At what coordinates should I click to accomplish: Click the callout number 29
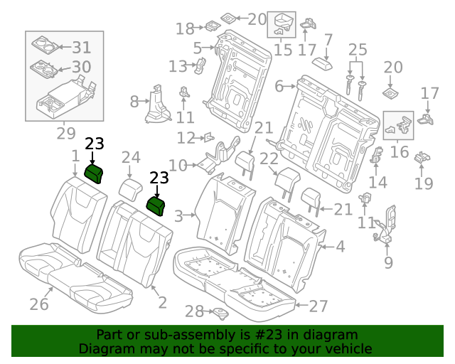tap(66, 133)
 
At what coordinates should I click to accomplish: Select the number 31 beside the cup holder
tap(82, 48)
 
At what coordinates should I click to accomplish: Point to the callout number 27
tap(318, 306)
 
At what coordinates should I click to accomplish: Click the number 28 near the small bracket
tap(194, 311)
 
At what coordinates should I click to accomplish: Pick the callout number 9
tap(388, 262)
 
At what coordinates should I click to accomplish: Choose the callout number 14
tap(378, 182)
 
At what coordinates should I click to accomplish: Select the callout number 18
tap(185, 29)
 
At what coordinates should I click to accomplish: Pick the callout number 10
tap(178, 166)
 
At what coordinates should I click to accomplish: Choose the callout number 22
tap(268, 159)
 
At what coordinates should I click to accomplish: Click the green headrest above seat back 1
tap(94, 172)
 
